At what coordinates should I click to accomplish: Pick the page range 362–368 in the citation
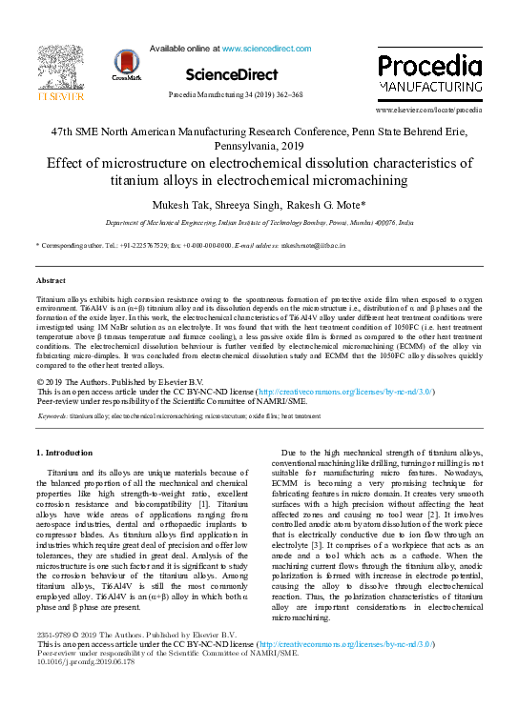point(285,95)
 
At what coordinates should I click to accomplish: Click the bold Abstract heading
point(51,281)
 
